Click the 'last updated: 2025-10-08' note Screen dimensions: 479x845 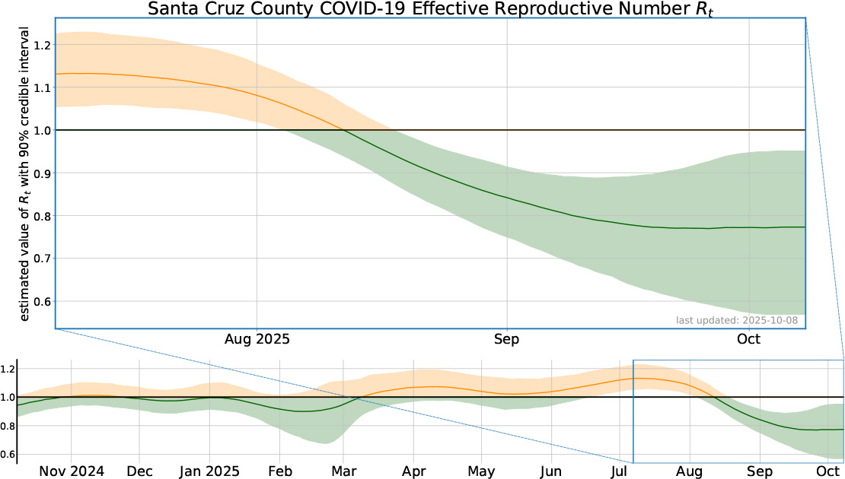(737, 320)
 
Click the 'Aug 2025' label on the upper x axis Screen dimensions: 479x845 (257, 339)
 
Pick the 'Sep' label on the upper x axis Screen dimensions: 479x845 (507, 339)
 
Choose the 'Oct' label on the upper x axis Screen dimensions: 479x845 (751, 339)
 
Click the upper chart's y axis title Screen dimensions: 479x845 (24, 173)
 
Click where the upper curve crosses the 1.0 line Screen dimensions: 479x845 (344, 130)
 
